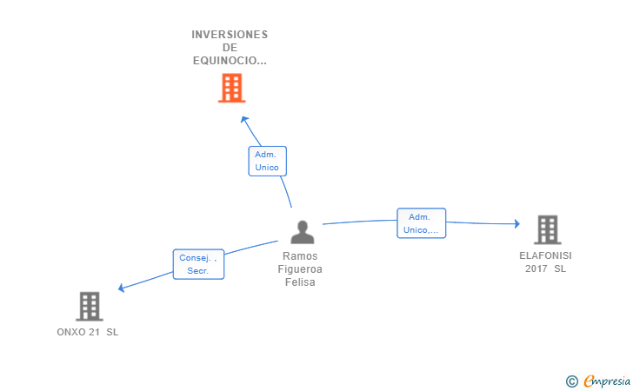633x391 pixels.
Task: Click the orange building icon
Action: click(x=231, y=88)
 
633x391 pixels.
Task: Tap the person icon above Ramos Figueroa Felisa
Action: click(x=302, y=232)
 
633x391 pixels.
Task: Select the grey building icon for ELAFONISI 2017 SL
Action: click(x=547, y=229)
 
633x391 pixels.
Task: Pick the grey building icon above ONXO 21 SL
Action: click(x=90, y=306)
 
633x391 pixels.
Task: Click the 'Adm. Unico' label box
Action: click(x=267, y=161)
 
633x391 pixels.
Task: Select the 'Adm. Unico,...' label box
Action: click(x=422, y=223)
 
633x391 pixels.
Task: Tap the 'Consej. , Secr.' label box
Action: click(x=198, y=264)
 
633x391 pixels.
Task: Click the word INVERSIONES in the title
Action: click(x=230, y=35)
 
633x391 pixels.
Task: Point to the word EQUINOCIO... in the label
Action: click(x=230, y=61)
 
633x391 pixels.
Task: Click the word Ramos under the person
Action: click(x=300, y=256)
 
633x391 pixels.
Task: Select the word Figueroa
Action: click(x=300, y=269)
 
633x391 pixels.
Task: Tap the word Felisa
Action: click(x=300, y=282)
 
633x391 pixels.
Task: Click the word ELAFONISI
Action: click(x=545, y=256)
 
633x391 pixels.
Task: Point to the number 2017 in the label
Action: click(x=536, y=269)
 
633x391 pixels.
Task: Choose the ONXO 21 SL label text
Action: click(x=87, y=333)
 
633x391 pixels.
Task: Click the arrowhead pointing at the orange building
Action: click(x=244, y=119)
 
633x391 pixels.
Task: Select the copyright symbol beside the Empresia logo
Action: click(x=571, y=381)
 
